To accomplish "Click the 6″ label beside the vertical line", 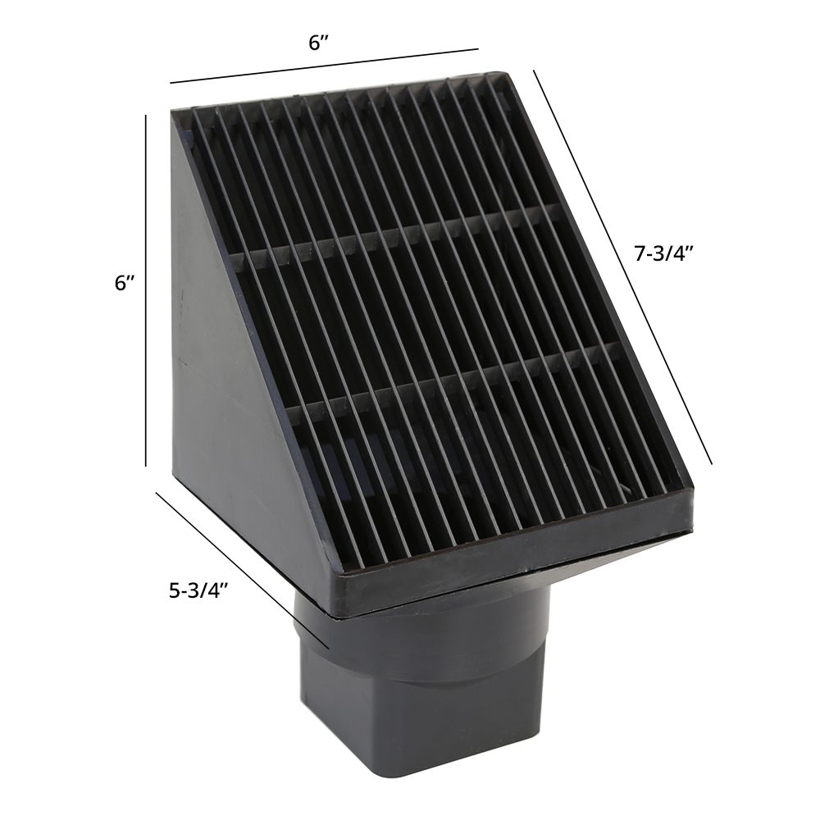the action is point(125,283).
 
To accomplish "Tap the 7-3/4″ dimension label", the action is point(663,253).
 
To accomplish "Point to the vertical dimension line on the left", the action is point(146,290).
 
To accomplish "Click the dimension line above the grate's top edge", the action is point(324,66).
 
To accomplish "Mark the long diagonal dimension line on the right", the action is point(622,266).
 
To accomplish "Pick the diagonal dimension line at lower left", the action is point(242,570).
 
